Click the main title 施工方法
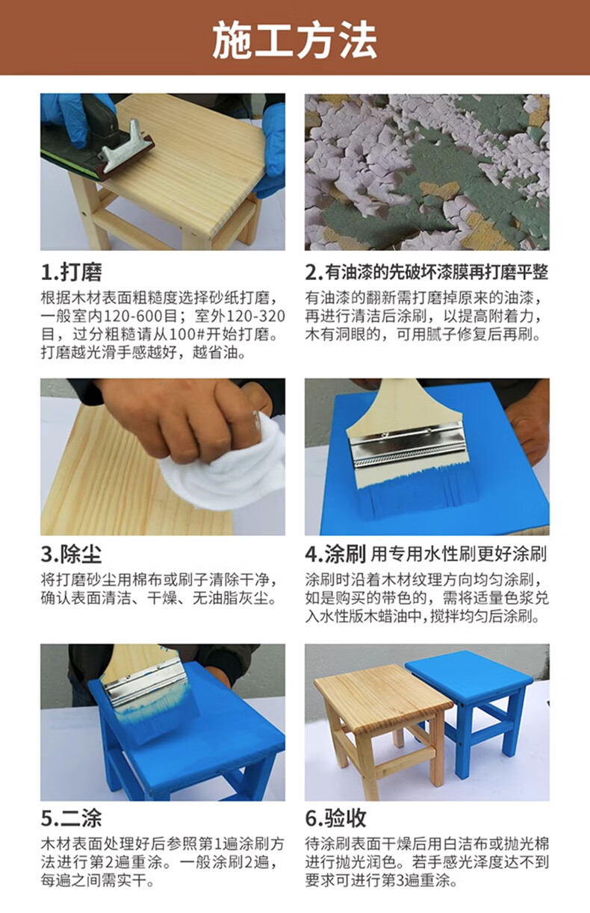point(294,40)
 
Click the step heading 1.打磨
point(72,272)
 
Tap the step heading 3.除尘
point(72,555)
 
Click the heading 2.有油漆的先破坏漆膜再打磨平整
point(427,272)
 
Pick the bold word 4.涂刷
point(335,555)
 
